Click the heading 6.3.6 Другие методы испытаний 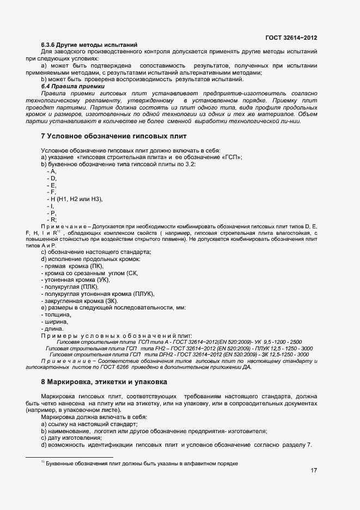[x=89, y=44]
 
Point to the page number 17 [x=314, y=471]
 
